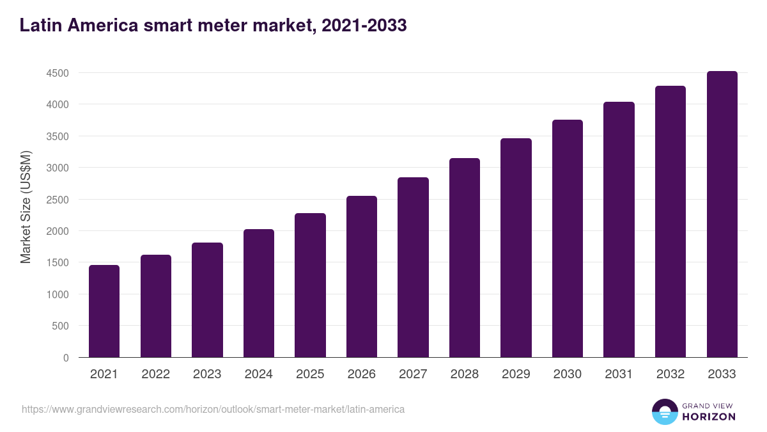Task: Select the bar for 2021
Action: pos(104,311)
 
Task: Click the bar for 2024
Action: pos(259,293)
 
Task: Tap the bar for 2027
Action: pos(413,268)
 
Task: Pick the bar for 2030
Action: pos(568,239)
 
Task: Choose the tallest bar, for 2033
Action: pos(722,214)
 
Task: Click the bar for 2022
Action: pos(156,306)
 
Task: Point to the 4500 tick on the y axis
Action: pos(58,74)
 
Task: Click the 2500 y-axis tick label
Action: pos(58,200)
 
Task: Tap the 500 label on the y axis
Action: pos(60,326)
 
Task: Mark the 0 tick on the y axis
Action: pos(66,358)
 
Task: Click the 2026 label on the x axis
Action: pos(362,374)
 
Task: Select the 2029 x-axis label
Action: pos(516,374)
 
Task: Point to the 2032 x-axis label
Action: pos(670,374)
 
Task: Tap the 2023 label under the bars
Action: pos(207,374)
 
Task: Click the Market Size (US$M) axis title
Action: pos(26,207)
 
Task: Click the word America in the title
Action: pos(104,26)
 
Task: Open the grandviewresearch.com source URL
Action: pos(213,409)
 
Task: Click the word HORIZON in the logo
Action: pos(709,417)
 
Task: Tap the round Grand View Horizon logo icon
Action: pos(664,412)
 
